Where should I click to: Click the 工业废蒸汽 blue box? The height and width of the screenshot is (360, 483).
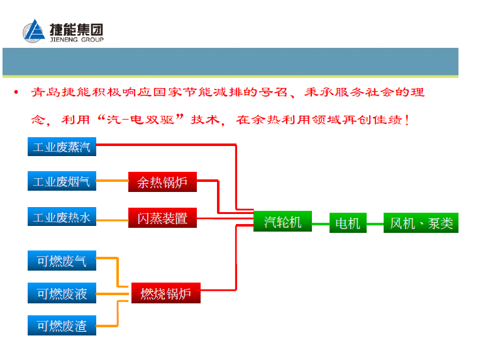point(62,147)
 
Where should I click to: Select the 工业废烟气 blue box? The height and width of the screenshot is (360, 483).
point(62,182)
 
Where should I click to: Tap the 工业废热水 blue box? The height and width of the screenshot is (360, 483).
point(62,218)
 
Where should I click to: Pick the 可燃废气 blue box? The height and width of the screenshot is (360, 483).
point(62,260)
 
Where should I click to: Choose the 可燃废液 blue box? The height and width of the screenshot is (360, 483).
point(62,293)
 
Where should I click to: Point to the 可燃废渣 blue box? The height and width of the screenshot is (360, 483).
point(62,326)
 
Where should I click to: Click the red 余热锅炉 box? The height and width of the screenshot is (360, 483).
point(162,183)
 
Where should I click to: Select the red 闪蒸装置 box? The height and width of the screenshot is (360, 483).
point(162,218)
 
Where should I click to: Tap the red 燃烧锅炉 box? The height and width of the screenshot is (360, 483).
point(165,293)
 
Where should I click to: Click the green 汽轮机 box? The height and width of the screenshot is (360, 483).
point(282,222)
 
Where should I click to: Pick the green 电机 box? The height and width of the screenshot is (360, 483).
point(348,223)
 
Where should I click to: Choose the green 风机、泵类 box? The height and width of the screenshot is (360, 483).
point(421,223)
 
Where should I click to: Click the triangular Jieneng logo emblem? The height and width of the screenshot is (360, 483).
point(35,32)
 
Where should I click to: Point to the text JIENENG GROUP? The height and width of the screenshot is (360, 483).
point(76,40)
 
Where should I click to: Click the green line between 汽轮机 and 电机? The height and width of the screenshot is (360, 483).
point(321,223)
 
